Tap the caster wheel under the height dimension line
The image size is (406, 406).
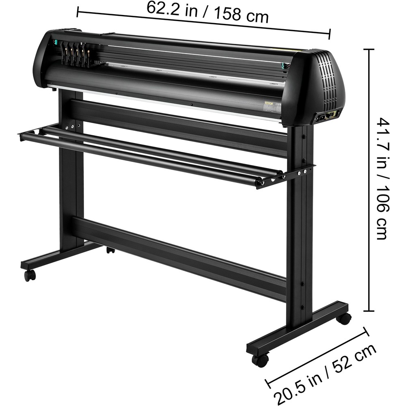pyautogui.click(x=344, y=318)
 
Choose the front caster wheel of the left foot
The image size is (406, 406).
pyautogui.click(x=30, y=275)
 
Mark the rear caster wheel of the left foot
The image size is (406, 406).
pyautogui.click(x=110, y=250)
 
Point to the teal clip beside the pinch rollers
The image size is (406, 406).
pyautogui.click(x=53, y=42)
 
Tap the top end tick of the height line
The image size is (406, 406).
pyautogui.click(x=369, y=50)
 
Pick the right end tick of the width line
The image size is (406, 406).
pyautogui.click(x=330, y=34)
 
